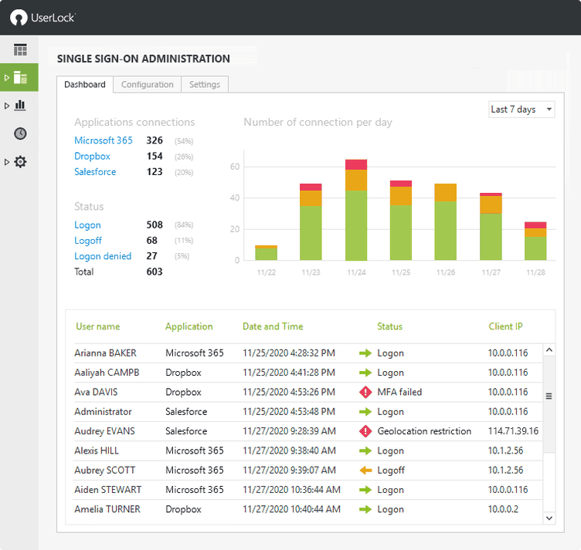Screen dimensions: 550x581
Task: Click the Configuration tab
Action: click(147, 85)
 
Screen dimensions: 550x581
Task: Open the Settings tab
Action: click(205, 85)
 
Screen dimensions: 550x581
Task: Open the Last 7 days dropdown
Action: click(522, 110)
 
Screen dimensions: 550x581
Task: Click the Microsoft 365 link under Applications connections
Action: click(104, 140)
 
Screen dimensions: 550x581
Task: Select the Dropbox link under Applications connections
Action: click(92, 157)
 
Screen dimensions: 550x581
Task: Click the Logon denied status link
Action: click(103, 256)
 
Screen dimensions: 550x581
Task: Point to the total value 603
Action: click(155, 272)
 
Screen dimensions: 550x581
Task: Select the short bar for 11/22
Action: click(266, 253)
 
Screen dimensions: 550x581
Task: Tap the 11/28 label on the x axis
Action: click(535, 272)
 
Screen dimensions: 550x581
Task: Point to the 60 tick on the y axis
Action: click(235, 167)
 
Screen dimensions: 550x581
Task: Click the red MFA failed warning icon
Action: click(365, 393)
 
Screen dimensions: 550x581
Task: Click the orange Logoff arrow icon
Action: click(365, 471)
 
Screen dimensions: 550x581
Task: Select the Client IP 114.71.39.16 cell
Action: click(513, 431)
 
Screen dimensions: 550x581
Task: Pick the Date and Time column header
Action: click(273, 326)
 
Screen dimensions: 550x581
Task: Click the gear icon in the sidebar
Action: click(21, 162)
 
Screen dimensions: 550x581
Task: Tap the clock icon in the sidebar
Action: click(21, 133)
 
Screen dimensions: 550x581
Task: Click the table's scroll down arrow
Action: click(549, 518)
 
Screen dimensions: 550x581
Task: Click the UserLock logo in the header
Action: click(42, 17)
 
